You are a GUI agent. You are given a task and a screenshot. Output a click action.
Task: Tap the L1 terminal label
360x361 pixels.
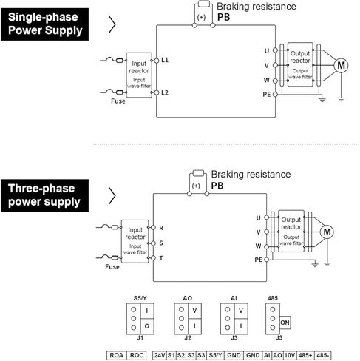click(165, 60)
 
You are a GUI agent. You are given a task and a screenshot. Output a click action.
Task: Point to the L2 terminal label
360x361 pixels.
click(165, 92)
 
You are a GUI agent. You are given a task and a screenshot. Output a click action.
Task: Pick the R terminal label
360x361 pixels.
click(161, 228)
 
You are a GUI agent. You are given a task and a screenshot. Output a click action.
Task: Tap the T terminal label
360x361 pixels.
click(161, 258)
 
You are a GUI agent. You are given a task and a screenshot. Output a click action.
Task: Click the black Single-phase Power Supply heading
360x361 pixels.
click(44, 24)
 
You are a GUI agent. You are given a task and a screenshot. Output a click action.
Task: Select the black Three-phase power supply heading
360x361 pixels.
click(44, 195)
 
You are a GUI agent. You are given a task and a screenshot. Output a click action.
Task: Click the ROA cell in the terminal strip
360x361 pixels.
click(117, 355)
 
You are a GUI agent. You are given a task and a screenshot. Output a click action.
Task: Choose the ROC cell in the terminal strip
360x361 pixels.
click(137, 355)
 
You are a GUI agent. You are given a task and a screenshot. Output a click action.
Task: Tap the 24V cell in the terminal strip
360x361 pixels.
click(160, 355)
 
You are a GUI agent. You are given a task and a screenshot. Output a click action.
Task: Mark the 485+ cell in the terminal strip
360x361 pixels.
click(305, 355)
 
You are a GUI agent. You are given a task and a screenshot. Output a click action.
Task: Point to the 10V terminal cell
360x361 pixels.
click(290, 355)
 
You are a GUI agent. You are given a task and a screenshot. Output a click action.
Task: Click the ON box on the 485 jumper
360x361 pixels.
click(285, 323)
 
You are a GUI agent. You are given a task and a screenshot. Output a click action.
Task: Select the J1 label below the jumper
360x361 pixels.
click(140, 337)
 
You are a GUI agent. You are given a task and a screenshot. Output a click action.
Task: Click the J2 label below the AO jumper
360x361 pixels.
click(188, 337)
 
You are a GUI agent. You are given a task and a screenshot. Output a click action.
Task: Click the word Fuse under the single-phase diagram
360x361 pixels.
click(118, 101)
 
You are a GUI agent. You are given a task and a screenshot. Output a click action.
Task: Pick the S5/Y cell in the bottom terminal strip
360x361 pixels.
click(215, 355)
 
